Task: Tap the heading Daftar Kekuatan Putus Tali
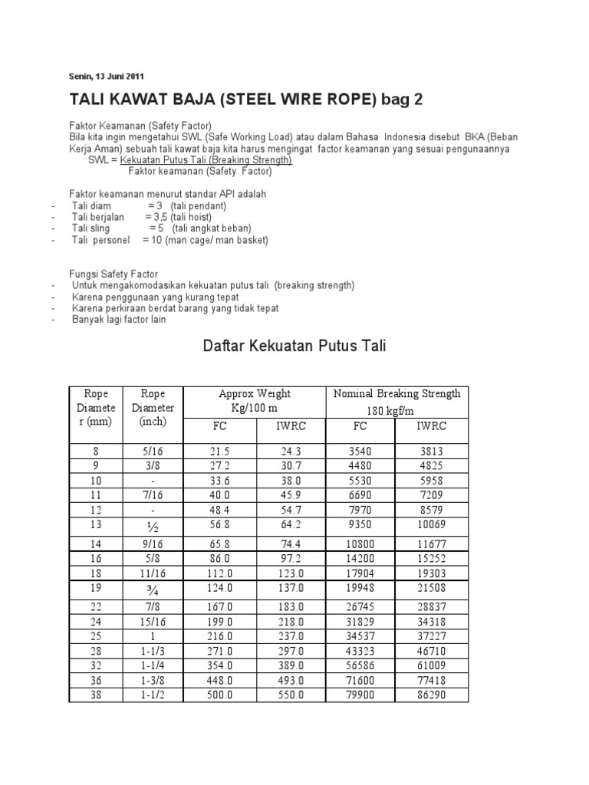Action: [x=294, y=347]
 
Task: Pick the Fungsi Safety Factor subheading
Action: [x=114, y=274]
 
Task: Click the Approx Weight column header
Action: [x=255, y=394]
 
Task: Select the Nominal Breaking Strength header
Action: [x=397, y=394]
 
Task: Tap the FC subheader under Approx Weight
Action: [x=220, y=425]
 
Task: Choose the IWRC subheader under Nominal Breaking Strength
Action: [x=431, y=425]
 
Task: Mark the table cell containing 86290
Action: [x=431, y=695]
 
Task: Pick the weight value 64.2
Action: [x=290, y=526]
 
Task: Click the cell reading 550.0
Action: [x=290, y=695]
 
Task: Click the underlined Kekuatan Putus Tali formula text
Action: [x=206, y=160]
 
